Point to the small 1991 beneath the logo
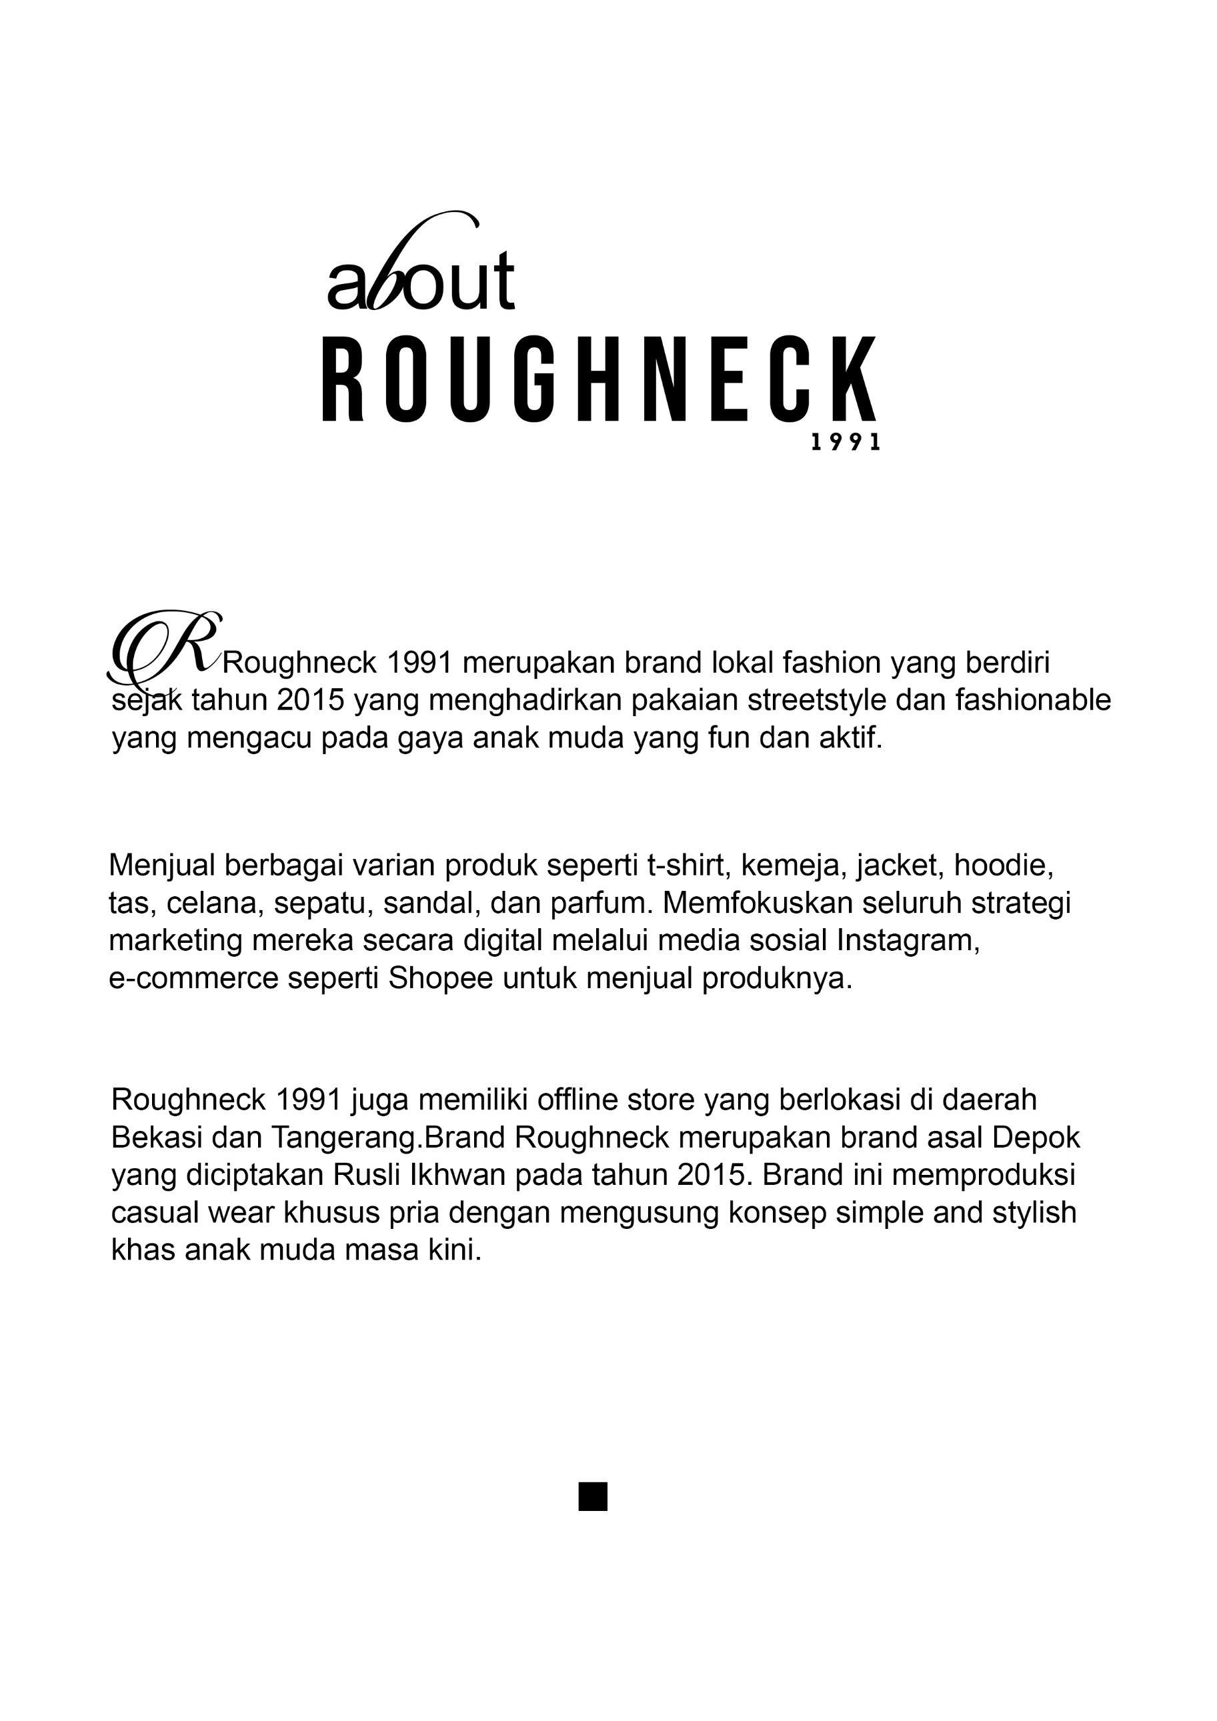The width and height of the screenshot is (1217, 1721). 845,443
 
